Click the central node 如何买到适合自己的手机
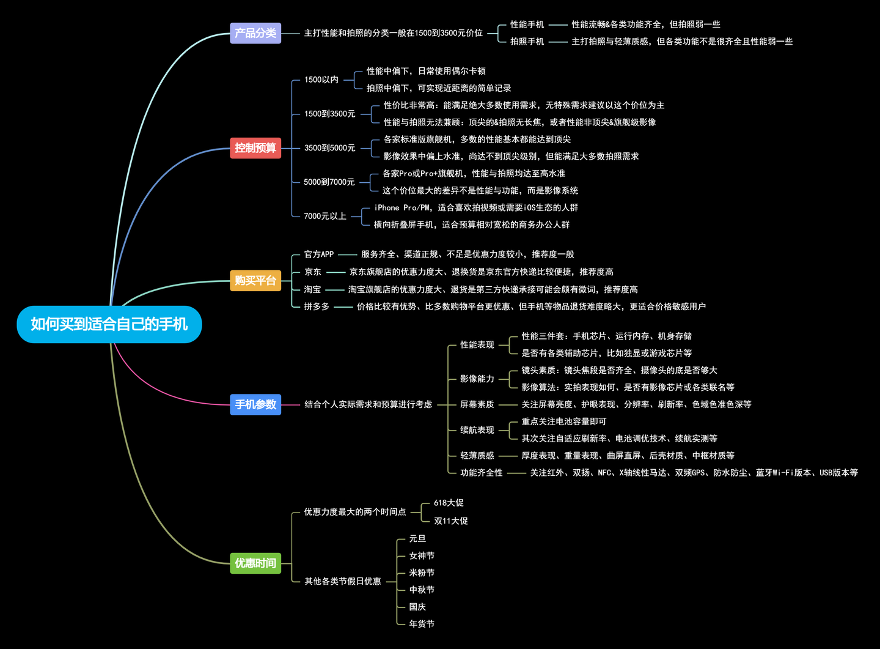[x=109, y=324]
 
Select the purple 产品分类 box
[x=255, y=33]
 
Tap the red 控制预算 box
[x=255, y=148]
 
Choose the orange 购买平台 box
[x=255, y=281]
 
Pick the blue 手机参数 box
[x=255, y=404]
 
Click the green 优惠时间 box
[x=255, y=563]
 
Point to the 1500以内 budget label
[x=321, y=80]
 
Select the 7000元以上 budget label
[x=325, y=216]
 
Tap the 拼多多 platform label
[x=317, y=306]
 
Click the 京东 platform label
[x=313, y=272]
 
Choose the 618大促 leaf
[x=449, y=503]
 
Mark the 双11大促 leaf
[x=451, y=521]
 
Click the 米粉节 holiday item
[x=422, y=573]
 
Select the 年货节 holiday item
[x=422, y=624]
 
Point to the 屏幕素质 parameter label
[x=477, y=404]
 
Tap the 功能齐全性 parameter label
[x=482, y=473]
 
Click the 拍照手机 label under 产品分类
[x=527, y=42]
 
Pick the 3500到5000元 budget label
[x=330, y=148]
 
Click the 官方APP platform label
[x=319, y=254]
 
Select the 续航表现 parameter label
[x=477, y=430]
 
